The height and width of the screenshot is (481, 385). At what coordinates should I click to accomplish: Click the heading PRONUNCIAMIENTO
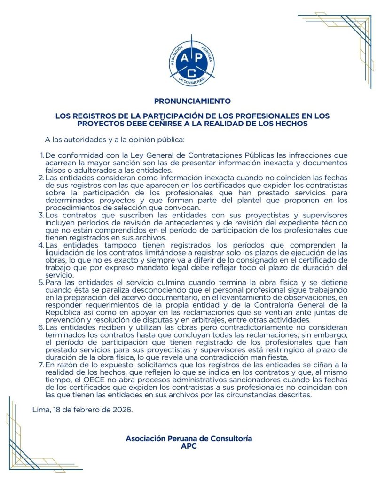tap(192, 101)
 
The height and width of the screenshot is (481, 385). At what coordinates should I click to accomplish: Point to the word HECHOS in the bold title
tap(291, 124)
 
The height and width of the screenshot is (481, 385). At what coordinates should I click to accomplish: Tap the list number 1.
tap(41, 155)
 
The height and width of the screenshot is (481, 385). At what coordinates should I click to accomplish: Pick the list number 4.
tap(41, 245)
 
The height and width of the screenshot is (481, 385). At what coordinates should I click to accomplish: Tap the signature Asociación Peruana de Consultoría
tap(189, 438)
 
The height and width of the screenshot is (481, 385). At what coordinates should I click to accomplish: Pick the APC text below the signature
tap(189, 446)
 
